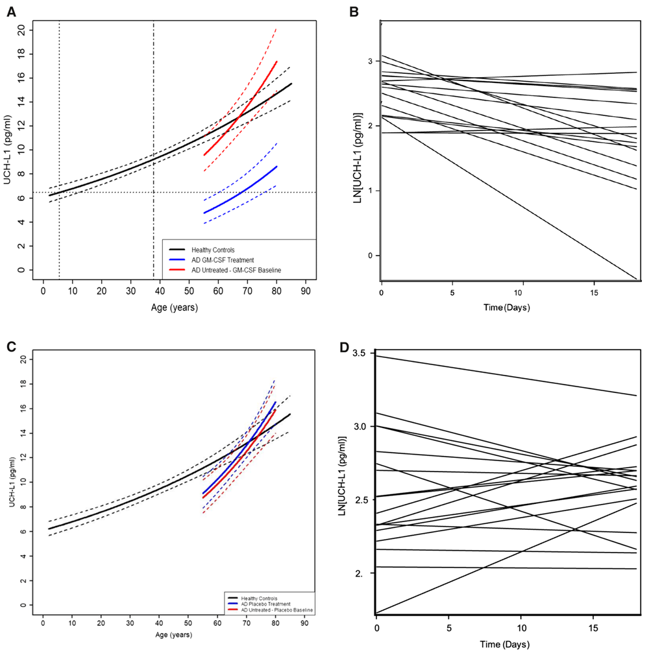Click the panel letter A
pos(11,11)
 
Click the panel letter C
pos(11,347)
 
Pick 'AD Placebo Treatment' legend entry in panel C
pos(263,604)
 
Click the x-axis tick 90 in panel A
pos(305,292)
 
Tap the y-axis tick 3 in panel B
pos(371,61)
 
